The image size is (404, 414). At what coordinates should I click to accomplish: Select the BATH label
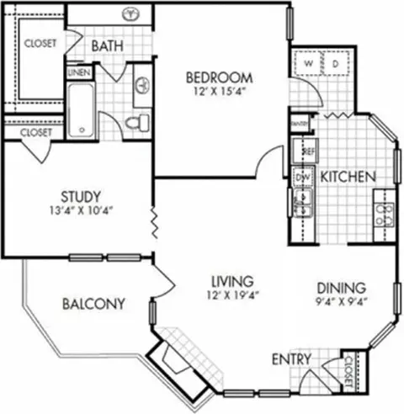coord(109,45)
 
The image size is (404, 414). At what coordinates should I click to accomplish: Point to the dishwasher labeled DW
coord(301,178)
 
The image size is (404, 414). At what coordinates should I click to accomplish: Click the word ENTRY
coord(290,361)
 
